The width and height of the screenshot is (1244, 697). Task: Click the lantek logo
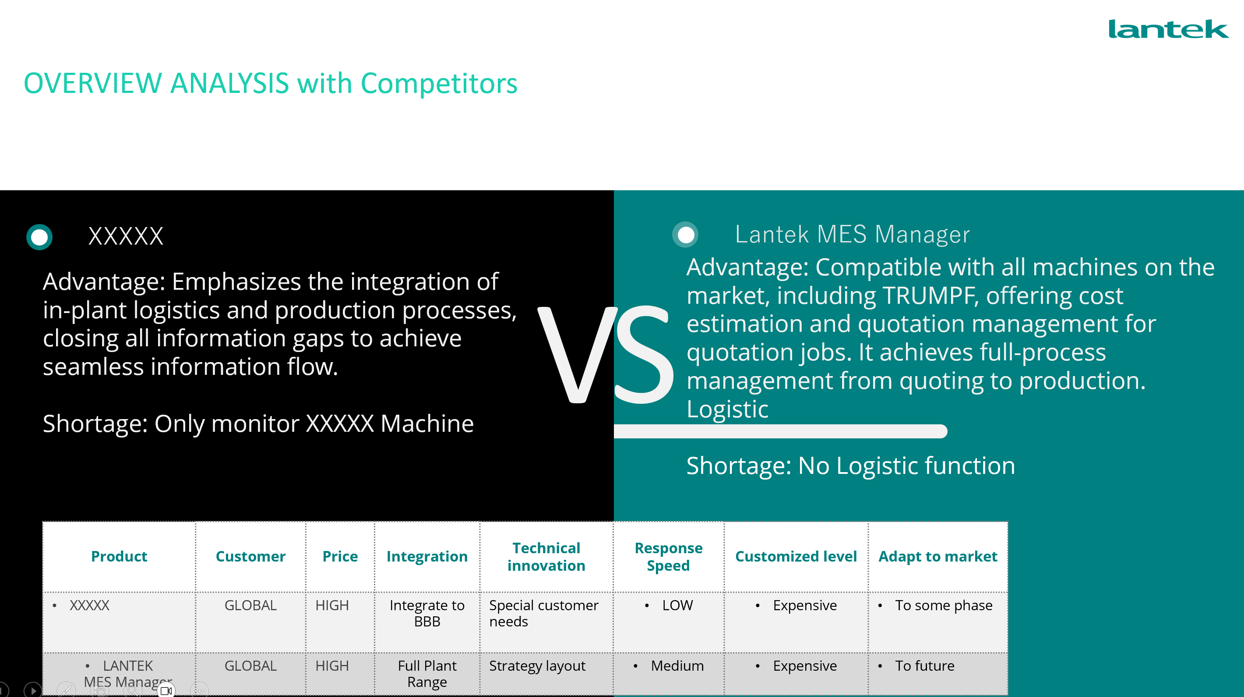click(1168, 29)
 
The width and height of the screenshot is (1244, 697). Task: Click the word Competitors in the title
click(439, 83)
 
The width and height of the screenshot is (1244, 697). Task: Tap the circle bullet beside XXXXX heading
click(39, 237)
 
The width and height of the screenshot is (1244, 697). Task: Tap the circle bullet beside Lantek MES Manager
click(685, 235)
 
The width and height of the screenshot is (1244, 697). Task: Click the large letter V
click(577, 355)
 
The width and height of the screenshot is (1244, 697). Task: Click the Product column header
click(119, 556)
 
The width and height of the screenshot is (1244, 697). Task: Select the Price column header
click(340, 556)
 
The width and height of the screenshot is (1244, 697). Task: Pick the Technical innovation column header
click(546, 557)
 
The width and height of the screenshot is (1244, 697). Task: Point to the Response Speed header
click(668, 557)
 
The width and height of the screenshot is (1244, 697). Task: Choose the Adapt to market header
click(937, 556)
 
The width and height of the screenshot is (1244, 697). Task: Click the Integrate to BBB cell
click(427, 613)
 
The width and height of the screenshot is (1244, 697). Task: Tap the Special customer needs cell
click(544, 613)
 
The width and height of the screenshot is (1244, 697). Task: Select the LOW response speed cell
click(677, 605)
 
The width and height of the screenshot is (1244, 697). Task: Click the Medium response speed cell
click(677, 665)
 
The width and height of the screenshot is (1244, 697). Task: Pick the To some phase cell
click(944, 605)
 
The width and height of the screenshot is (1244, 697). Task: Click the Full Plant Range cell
click(427, 674)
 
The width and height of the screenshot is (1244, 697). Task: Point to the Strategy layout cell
click(537, 666)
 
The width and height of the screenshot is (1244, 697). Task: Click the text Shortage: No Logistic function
click(850, 466)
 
